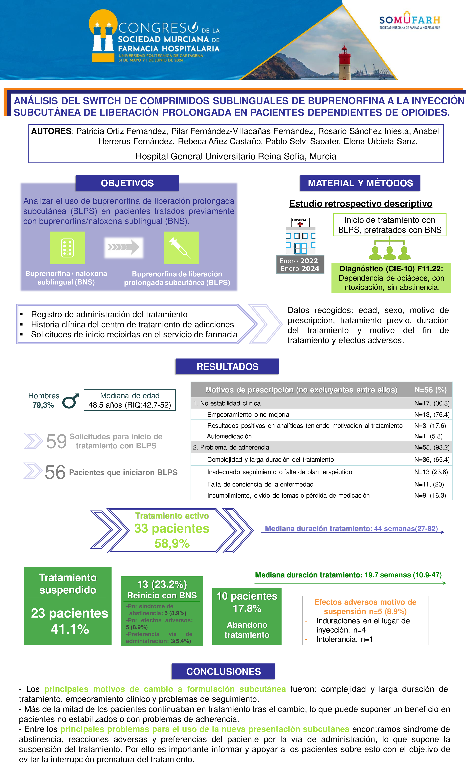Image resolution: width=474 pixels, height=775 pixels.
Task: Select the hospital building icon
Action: pyautogui.click(x=300, y=236)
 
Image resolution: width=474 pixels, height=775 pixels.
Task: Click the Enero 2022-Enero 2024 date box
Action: pyautogui.click(x=300, y=265)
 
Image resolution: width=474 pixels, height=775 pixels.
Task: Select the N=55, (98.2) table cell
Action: pyautogui.click(x=432, y=447)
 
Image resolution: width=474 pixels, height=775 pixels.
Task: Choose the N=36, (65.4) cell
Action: pyautogui.click(x=432, y=459)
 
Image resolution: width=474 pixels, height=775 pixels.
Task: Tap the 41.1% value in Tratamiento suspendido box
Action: pyautogui.click(x=70, y=629)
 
